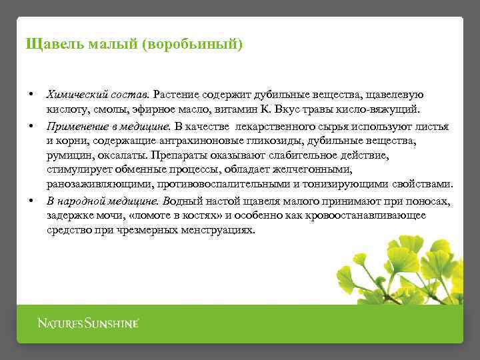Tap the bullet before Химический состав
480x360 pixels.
[x=31, y=93]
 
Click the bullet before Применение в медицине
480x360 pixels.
[x=31, y=124]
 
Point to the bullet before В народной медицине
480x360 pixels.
[x=31, y=199]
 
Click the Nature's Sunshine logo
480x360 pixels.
[x=87, y=323]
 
